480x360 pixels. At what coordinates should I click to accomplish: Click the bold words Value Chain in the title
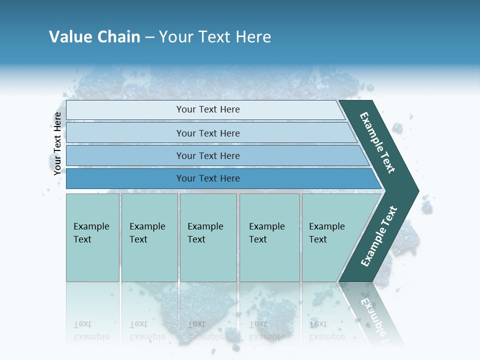click(94, 37)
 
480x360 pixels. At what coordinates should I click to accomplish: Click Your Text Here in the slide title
click(215, 37)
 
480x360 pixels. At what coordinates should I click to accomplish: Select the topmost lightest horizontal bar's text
click(208, 109)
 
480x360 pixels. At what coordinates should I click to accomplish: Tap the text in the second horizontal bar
click(208, 133)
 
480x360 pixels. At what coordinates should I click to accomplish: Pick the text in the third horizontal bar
click(208, 156)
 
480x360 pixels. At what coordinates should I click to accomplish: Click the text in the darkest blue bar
click(208, 178)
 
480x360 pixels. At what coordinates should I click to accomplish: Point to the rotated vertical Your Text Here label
click(57, 143)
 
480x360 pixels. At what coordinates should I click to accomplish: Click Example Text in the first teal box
click(91, 233)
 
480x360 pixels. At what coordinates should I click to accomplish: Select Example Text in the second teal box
click(147, 233)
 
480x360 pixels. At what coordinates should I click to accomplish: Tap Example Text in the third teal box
click(205, 233)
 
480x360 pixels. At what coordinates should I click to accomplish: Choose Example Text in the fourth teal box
click(266, 233)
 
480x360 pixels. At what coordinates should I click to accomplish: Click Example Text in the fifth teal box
click(326, 233)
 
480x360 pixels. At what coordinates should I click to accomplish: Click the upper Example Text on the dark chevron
click(377, 142)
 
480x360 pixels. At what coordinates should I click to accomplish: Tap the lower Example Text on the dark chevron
click(379, 236)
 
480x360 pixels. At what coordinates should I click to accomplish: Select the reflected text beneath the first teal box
click(91, 330)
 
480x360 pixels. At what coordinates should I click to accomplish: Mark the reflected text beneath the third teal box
click(205, 330)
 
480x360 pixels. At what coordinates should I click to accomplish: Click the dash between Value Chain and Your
click(149, 37)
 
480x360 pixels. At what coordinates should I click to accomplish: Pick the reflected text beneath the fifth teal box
click(326, 330)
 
